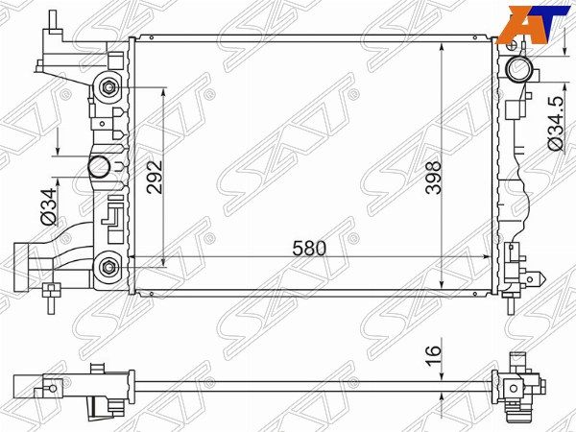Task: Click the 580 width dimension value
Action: pos(309,249)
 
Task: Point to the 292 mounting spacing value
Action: pos(155,177)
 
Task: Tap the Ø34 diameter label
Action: pos(49,206)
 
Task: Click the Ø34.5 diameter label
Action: pos(556,123)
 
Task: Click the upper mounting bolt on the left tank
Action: pos(108,87)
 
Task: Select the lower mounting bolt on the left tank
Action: pos(108,267)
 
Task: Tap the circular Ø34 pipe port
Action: pos(99,166)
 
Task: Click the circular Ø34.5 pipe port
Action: pos(518,68)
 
